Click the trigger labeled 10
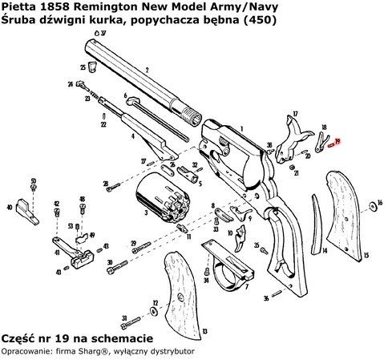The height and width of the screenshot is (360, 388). click(x=242, y=236)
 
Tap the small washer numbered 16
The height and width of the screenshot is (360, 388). click(x=372, y=207)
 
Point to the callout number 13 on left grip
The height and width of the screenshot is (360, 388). click(x=204, y=330)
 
